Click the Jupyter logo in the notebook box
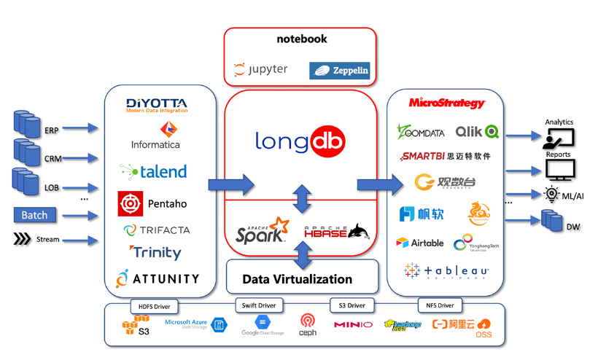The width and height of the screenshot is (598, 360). click(x=260, y=70)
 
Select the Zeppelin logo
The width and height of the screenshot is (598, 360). click(x=340, y=70)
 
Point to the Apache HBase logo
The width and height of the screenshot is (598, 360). click(x=336, y=232)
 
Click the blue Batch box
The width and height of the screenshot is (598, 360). click(x=34, y=215)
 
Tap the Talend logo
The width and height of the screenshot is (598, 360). click(x=153, y=171)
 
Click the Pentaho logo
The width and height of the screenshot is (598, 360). click(x=152, y=204)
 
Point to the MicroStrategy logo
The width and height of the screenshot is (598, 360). click(x=447, y=103)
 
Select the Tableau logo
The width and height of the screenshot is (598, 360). click(x=446, y=271)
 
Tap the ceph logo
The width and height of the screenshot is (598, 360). click(x=307, y=325)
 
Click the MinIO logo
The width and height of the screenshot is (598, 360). click(x=353, y=324)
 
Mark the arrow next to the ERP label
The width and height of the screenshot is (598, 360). click(x=82, y=128)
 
